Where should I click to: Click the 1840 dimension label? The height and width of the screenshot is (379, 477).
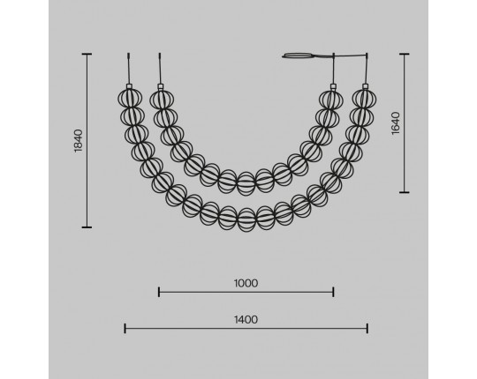pos(79,141)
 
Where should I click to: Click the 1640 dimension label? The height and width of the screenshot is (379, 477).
pos(396,123)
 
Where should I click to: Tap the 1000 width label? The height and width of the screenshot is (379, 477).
pos(246,284)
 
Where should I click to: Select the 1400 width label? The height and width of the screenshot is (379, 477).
pos(246,320)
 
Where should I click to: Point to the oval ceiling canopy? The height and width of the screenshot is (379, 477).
pos(299,56)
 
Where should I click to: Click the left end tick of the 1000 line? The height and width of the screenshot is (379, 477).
pos(159,293)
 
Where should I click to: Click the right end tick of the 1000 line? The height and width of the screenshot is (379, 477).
pos(333,293)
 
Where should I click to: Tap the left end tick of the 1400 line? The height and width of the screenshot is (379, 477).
pos(125,329)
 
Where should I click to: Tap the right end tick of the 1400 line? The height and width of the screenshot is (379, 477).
pos(367,329)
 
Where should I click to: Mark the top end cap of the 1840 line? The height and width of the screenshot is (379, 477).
pos(87,54)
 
